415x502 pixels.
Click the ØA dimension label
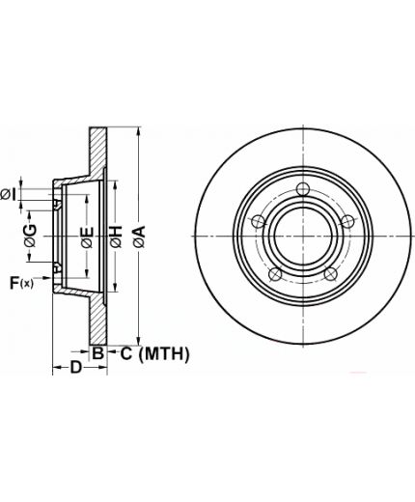[140, 237]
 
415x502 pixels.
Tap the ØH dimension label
[116, 237]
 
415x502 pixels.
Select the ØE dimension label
[87, 237]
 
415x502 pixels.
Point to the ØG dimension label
[30, 236]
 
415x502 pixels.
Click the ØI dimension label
[8, 195]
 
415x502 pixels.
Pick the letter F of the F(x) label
[14, 283]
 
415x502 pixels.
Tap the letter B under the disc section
[97, 353]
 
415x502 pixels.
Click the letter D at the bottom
[76, 367]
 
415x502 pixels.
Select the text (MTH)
[164, 354]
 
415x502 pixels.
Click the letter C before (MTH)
[126, 353]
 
